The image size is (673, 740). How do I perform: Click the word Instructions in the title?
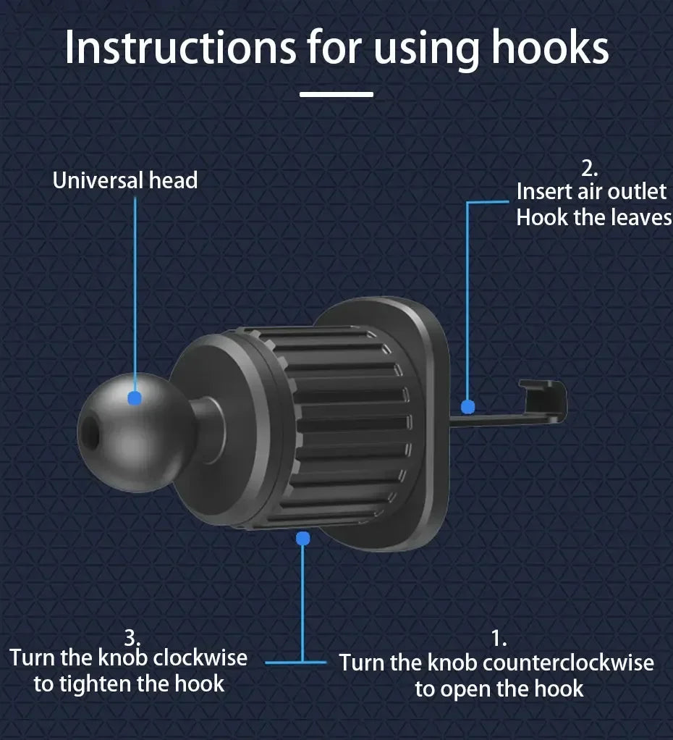[x=179, y=47]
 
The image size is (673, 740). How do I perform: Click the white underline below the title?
[x=336, y=94]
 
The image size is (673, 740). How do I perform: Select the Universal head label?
[x=125, y=180]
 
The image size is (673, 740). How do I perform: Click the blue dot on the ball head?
[x=135, y=398]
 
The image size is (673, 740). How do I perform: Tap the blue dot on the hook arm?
[x=468, y=406]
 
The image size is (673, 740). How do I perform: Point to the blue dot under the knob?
[x=303, y=538]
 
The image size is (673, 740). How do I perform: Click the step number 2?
[x=590, y=169]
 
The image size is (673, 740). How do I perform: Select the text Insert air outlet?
[x=591, y=191]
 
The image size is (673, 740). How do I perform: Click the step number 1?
[x=499, y=639]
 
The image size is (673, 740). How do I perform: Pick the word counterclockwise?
[x=568, y=663]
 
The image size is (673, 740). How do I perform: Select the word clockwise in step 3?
[x=200, y=657]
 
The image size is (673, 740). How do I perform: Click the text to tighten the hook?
[x=129, y=683]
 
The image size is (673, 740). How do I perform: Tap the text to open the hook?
[x=499, y=688]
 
